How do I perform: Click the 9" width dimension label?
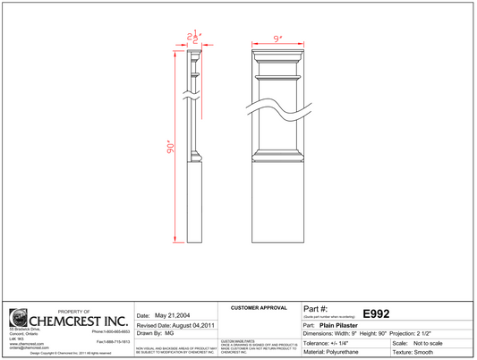coord(278,39)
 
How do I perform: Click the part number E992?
coord(375,314)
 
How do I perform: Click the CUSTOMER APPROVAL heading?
coord(259,307)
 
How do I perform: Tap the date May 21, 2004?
coord(174,315)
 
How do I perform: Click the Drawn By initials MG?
coord(169,334)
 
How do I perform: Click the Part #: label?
coord(316,308)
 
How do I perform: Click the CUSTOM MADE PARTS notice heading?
coord(237,341)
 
